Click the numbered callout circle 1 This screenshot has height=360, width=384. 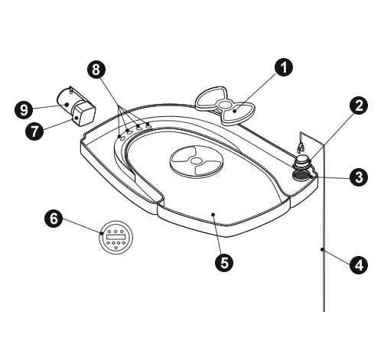click(284, 66)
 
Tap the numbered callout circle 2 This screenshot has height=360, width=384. click(359, 105)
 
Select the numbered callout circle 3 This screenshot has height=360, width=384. click(359, 177)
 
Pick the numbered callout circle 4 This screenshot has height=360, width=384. click(359, 265)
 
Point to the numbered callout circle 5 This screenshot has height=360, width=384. click(224, 263)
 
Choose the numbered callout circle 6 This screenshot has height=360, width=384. click(54, 219)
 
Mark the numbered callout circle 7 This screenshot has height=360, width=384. click(34, 131)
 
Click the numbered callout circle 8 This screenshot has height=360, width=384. click(96, 69)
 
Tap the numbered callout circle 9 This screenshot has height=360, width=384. click(24, 110)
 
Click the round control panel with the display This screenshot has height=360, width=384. click(116, 237)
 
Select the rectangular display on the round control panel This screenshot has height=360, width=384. click(116, 237)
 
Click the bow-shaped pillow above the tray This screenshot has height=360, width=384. click(225, 105)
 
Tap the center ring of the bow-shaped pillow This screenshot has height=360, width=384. click(225, 105)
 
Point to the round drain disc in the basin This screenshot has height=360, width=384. click(196, 161)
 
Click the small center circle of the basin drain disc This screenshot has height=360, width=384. click(196, 161)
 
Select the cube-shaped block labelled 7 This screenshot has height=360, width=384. click(83, 114)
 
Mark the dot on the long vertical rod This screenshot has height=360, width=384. click(322, 249)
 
